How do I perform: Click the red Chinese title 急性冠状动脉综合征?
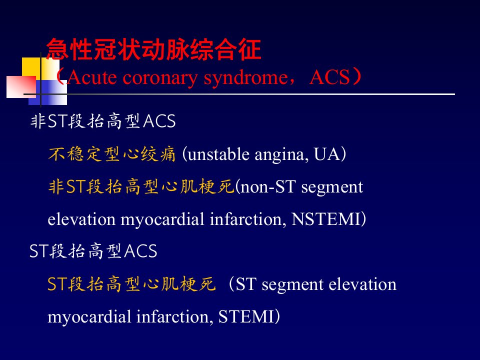point(153,49)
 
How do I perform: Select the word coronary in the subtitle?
point(160,78)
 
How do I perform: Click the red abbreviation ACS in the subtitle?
point(329,77)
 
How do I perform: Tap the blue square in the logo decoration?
point(48,92)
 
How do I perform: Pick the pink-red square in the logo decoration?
point(21,87)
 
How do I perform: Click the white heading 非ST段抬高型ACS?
point(103,121)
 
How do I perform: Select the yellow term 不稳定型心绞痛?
point(111,154)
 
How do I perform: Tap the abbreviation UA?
point(327,154)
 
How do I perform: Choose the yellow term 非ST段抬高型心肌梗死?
point(141,186)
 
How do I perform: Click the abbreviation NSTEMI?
point(325,219)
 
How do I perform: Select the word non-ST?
point(268,186)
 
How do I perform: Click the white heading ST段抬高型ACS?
point(93,251)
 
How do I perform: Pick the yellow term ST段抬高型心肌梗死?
point(131,284)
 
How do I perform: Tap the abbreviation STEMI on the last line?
point(246,316)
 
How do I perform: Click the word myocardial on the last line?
point(89,317)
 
